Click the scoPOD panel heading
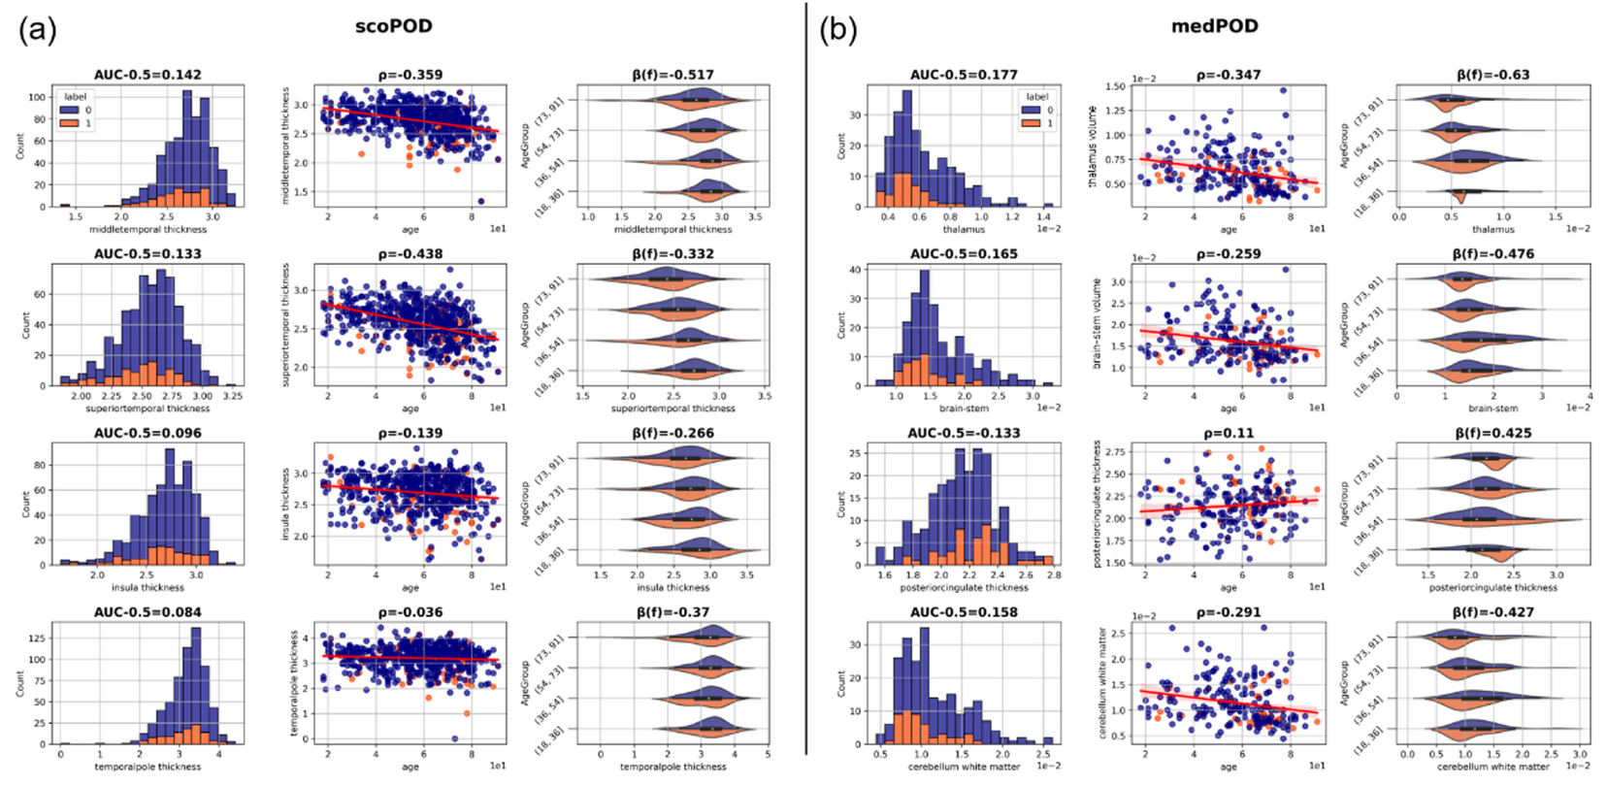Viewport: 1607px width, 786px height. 393,26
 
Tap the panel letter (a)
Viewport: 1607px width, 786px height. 37,30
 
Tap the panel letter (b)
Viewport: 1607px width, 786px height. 837,30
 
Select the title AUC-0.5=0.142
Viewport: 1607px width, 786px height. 148,75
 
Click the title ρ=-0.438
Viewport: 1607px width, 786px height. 410,254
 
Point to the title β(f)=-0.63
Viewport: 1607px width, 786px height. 1492,75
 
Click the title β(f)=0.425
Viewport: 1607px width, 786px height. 1492,434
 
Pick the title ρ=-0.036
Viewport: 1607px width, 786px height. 410,612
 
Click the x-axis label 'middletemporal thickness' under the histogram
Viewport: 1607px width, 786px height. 148,230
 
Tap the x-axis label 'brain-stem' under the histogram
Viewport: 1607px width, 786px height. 964,409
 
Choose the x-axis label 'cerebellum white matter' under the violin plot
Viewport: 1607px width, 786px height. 1492,767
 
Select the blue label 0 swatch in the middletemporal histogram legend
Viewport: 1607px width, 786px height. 71,110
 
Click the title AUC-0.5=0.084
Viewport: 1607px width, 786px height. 148,612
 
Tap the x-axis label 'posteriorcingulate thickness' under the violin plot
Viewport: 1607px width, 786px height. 1492,587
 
